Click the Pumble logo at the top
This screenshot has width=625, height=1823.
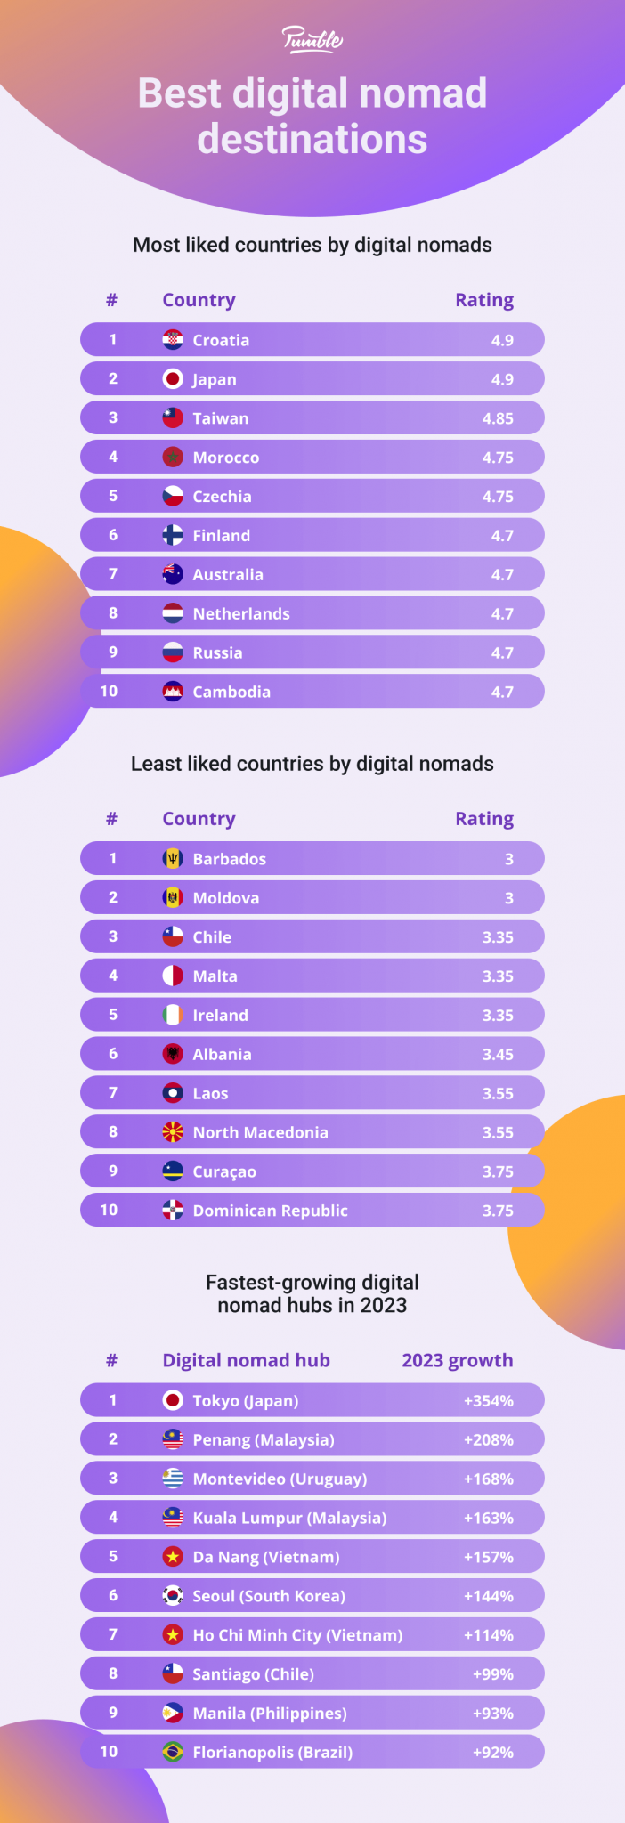tap(312, 39)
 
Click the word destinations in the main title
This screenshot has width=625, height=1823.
tap(312, 140)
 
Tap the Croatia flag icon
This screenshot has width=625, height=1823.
tap(173, 340)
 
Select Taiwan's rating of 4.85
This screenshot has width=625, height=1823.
tap(498, 418)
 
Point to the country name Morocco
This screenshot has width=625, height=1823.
tap(226, 458)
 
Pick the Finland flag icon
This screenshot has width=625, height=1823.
tap(173, 535)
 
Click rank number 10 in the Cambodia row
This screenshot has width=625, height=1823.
tap(109, 692)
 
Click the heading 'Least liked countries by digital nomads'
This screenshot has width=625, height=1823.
tap(312, 764)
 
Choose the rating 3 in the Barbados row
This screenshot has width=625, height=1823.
tap(508, 859)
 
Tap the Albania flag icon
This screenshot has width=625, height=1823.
tap(173, 1054)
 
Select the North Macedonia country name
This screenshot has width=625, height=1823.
tap(260, 1132)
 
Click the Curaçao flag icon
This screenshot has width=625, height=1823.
tap(173, 1171)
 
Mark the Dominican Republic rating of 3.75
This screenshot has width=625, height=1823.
tap(498, 1211)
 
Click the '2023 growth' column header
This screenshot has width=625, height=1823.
tap(457, 1360)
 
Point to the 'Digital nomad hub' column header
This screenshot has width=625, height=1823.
tap(246, 1360)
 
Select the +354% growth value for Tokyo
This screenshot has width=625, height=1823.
tap(488, 1401)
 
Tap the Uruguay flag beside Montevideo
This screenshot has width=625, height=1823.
tap(173, 1479)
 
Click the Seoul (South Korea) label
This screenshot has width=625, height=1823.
tap(269, 1596)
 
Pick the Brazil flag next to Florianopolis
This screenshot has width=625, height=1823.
tap(173, 1752)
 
